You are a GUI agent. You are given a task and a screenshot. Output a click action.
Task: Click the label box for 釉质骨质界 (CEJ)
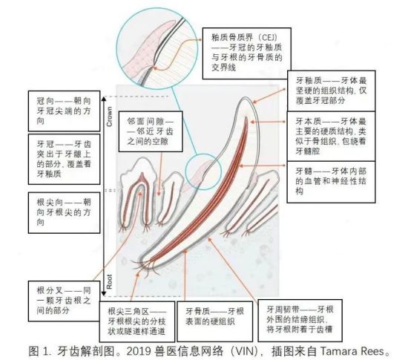(247, 53)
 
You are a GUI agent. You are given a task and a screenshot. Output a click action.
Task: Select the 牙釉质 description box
(332, 91)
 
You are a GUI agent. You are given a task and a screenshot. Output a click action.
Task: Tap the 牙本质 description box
(332, 136)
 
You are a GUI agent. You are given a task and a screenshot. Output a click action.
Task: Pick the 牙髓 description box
(332, 182)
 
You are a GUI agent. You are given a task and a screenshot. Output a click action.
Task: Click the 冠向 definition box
(64, 111)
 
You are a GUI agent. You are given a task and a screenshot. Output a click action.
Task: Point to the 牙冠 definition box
(64, 159)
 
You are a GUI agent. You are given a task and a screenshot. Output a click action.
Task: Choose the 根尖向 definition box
(64, 213)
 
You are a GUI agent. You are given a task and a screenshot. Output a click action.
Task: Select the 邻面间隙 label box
(151, 131)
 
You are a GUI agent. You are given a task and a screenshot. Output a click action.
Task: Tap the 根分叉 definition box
(64, 301)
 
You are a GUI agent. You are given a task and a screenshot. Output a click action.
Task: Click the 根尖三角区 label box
(137, 321)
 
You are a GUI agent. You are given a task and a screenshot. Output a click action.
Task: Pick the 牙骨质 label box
(214, 321)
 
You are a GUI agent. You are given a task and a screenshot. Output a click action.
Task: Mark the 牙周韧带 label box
(300, 321)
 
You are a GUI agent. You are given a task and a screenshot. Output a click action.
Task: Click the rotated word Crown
(110, 117)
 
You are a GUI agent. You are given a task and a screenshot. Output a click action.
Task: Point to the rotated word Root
(110, 281)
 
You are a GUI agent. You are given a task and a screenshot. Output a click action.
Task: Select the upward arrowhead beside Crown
(104, 99)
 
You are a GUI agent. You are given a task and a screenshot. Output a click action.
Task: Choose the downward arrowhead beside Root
(104, 294)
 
